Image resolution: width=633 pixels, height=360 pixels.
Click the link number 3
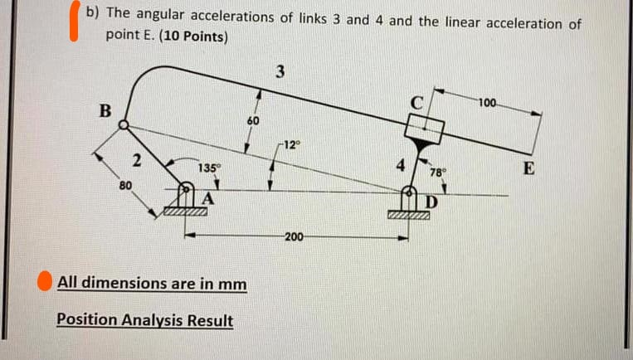click(280, 72)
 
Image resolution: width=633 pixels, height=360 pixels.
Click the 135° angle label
click(209, 168)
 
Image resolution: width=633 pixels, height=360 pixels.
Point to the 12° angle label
click(288, 146)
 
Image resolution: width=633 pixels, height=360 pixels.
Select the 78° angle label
click(437, 173)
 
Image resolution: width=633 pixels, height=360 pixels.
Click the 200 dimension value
click(294, 237)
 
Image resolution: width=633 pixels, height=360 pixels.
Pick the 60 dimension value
click(253, 121)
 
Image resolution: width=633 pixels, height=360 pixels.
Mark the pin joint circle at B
click(124, 125)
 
